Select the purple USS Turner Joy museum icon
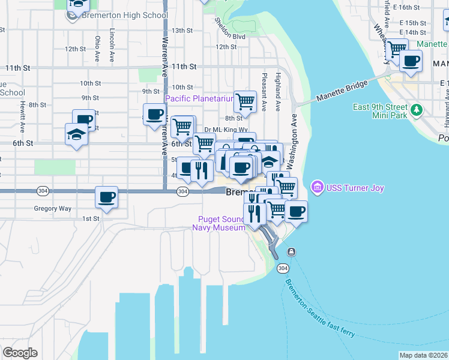318,188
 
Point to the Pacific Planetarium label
199,98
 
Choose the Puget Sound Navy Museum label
218,223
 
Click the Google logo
20,353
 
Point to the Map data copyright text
423,355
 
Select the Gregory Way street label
53,209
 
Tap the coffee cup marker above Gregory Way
107,197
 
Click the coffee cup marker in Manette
411,61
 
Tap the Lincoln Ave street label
112,45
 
